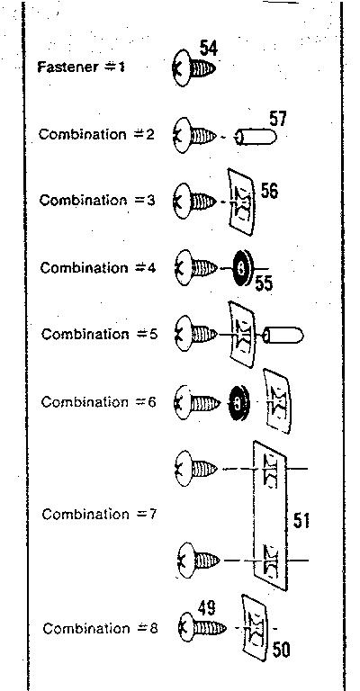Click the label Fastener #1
click(82, 67)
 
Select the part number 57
click(278, 119)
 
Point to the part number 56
click(269, 192)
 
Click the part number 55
click(264, 283)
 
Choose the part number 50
click(281, 651)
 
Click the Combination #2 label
click(96, 134)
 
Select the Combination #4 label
click(98, 267)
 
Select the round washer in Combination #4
click(242, 266)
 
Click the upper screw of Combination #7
click(196, 468)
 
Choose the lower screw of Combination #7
click(199, 560)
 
